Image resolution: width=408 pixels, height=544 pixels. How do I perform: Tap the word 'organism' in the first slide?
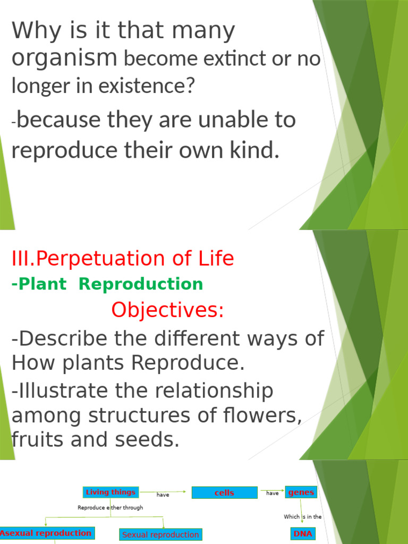(x=64, y=57)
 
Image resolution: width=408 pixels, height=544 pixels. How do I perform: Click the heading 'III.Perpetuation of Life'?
(x=123, y=259)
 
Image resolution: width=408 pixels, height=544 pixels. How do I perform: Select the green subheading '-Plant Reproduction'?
(x=107, y=284)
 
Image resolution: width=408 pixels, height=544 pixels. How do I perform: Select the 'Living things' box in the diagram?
(x=111, y=492)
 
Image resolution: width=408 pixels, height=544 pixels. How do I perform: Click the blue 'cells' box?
(x=224, y=493)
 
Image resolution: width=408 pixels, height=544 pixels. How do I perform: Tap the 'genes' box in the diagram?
(x=301, y=492)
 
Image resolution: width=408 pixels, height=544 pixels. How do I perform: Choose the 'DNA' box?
(x=303, y=533)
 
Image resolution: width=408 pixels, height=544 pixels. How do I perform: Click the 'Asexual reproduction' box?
(x=46, y=533)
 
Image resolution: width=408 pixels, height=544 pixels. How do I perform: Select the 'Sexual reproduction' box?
(x=160, y=534)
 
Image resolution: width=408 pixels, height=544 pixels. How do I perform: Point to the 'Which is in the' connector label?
(x=303, y=517)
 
